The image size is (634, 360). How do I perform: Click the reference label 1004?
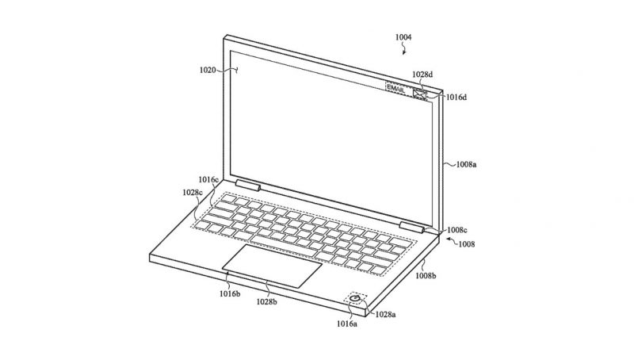pyautogui.click(x=403, y=37)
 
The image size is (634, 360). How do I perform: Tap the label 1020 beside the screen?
pyautogui.click(x=208, y=71)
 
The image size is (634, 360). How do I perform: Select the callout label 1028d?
pyautogui.click(x=422, y=75)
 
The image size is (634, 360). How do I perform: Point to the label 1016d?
pyautogui.click(x=456, y=98)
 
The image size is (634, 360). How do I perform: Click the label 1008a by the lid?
pyautogui.click(x=466, y=165)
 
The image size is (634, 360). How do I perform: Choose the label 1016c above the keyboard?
pyautogui.click(x=208, y=179)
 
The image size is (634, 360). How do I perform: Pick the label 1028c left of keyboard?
pyautogui.click(x=192, y=193)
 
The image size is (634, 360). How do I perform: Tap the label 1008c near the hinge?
pyautogui.click(x=457, y=230)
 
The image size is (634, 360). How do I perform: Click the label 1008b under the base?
pyautogui.click(x=426, y=276)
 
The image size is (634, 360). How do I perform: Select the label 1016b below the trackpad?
pyautogui.click(x=230, y=294)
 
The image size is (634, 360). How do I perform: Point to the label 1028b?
pyautogui.click(x=267, y=302)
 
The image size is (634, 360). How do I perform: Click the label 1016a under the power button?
pyautogui.click(x=347, y=324)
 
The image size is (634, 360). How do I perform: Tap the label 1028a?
pyautogui.click(x=385, y=314)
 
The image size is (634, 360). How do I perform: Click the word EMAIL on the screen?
pyautogui.click(x=395, y=88)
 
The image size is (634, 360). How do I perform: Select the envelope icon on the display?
pyautogui.click(x=420, y=94)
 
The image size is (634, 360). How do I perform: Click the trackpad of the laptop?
pyautogui.click(x=272, y=266)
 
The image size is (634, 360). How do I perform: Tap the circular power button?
pyautogui.click(x=355, y=299)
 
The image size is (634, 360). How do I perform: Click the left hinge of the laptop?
pyautogui.click(x=247, y=186)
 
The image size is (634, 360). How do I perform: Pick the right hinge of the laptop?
pyautogui.click(x=411, y=228)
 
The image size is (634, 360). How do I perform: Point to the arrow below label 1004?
pyautogui.click(x=403, y=50)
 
